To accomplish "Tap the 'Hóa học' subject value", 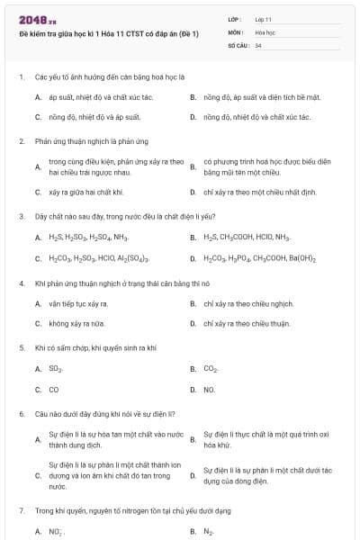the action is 265,31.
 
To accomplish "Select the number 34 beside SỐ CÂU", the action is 258,44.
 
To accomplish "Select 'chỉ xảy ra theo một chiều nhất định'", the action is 260,192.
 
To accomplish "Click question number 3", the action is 21,217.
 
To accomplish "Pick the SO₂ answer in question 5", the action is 55,369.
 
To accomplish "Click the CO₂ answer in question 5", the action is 211,369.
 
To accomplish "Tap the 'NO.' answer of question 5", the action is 210,390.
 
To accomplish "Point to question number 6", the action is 21,415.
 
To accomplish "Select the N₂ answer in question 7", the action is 209,531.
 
